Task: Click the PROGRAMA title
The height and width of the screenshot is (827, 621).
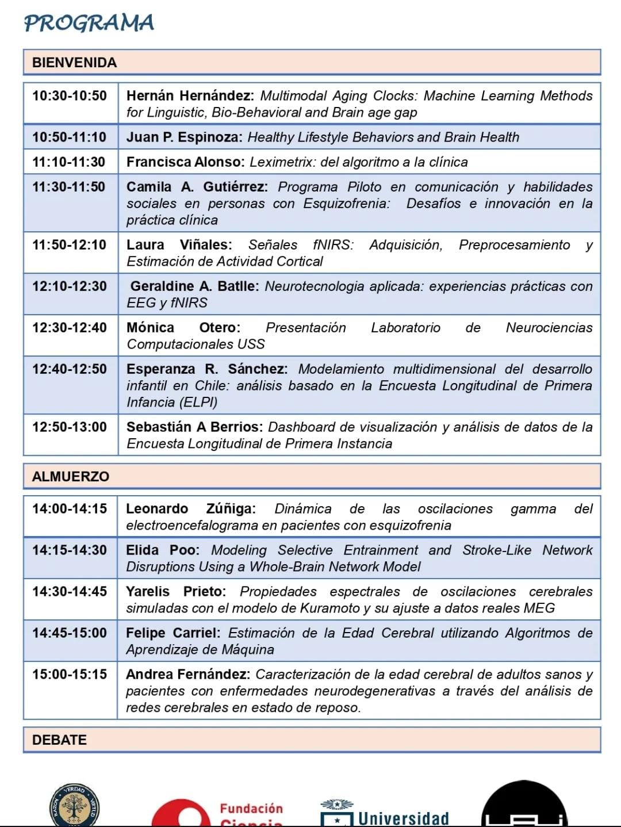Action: pyautogui.click(x=89, y=23)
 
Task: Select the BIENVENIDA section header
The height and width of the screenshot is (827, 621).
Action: pyautogui.click(x=74, y=62)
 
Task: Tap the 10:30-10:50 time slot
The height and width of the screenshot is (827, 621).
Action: pyautogui.click(x=70, y=95)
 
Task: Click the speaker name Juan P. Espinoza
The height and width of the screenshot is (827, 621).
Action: pyautogui.click(x=185, y=137)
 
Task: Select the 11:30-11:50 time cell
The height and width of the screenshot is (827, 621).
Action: pyautogui.click(x=69, y=186)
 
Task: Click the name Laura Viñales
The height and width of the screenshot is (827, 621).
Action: pyautogui.click(x=179, y=244)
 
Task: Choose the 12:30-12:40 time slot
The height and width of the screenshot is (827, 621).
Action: pyautogui.click(x=70, y=327)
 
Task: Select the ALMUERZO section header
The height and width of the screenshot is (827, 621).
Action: pyautogui.click(x=71, y=476)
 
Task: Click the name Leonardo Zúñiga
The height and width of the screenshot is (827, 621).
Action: pyautogui.click(x=190, y=508)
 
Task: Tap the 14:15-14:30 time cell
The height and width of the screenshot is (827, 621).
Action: pyautogui.click(x=70, y=550)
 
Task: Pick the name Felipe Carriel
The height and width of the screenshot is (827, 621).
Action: pyautogui.click(x=172, y=633)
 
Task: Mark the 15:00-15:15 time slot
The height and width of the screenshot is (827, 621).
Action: pyautogui.click(x=70, y=674)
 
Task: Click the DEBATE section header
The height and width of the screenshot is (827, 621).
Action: pyautogui.click(x=59, y=740)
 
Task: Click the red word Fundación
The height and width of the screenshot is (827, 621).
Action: pyautogui.click(x=251, y=809)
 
